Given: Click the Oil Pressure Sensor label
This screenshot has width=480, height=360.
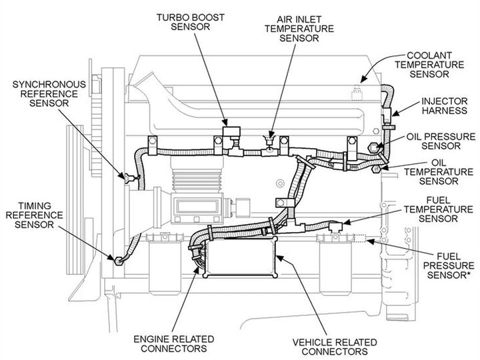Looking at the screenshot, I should (x=441, y=142).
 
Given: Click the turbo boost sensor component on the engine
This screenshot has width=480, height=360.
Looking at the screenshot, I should (x=232, y=131).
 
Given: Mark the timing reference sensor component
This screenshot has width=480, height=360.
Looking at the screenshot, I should (x=119, y=261).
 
